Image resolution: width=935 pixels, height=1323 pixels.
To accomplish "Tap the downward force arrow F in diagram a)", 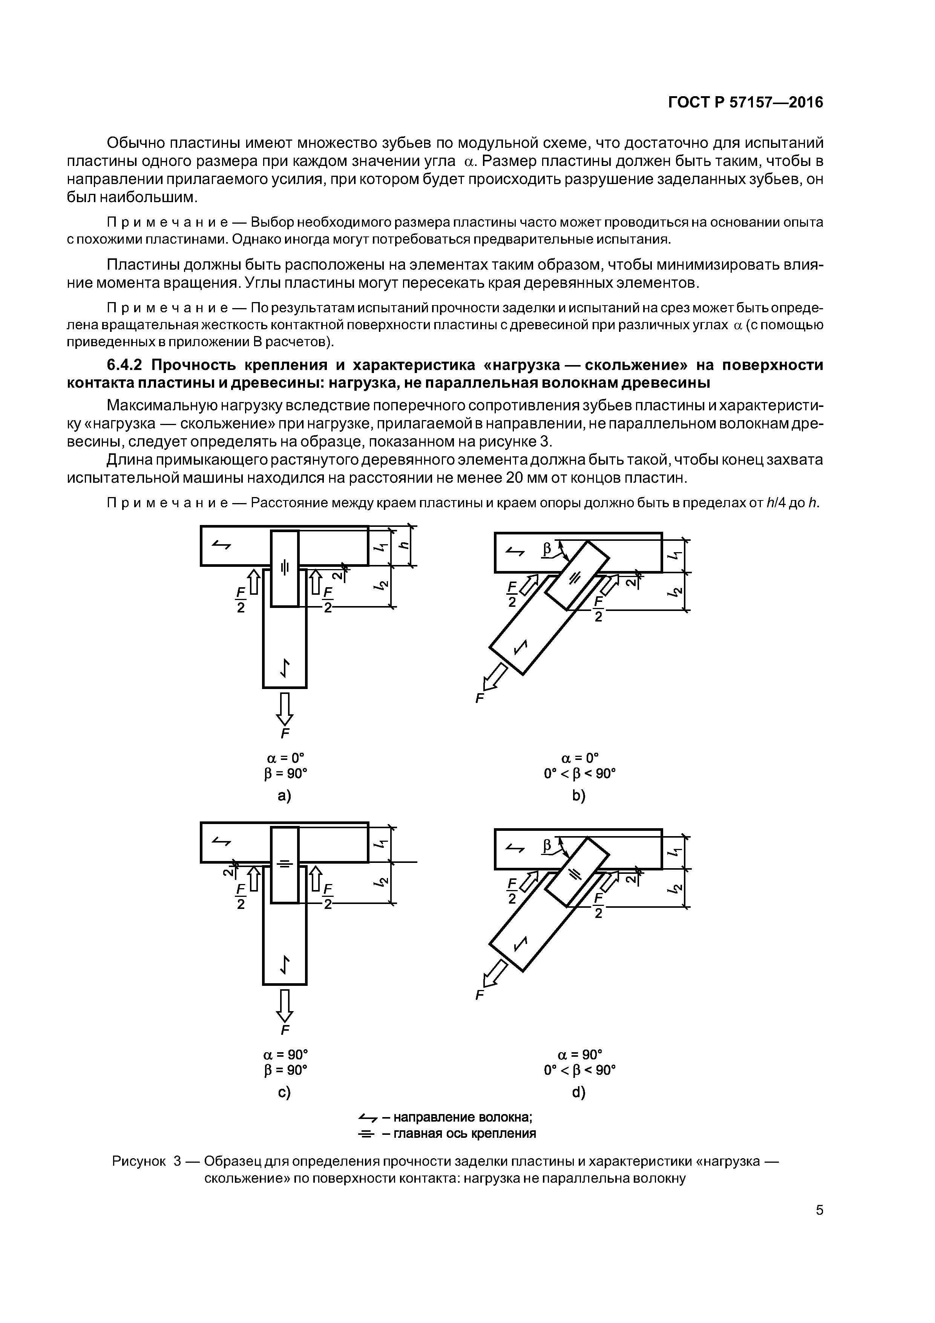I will coord(285,709).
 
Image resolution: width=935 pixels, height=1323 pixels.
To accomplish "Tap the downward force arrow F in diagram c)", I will coord(285,1005).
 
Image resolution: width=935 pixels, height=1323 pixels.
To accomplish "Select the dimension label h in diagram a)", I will coord(405,545).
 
